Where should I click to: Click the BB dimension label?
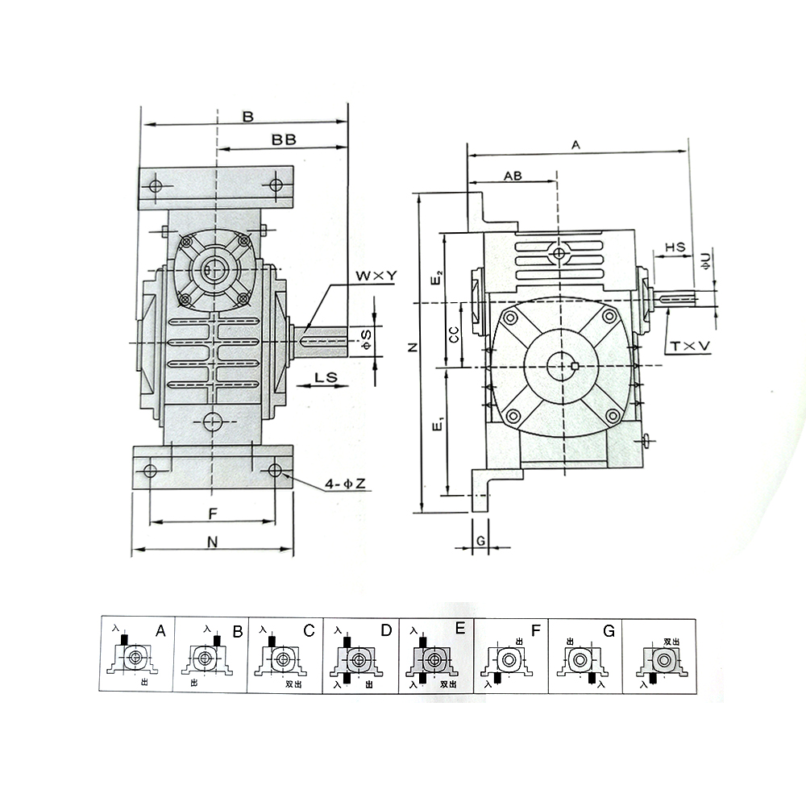click(x=284, y=139)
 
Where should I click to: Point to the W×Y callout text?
click(x=377, y=276)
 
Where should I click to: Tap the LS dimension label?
click(x=326, y=377)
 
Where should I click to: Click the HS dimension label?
click(x=675, y=247)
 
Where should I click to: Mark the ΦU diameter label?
click(x=706, y=260)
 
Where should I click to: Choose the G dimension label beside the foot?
click(x=480, y=541)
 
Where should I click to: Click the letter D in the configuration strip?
click(x=384, y=629)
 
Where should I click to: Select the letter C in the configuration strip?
click(x=308, y=629)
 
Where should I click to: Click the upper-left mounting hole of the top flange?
click(x=156, y=186)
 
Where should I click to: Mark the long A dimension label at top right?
click(x=575, y=145)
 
